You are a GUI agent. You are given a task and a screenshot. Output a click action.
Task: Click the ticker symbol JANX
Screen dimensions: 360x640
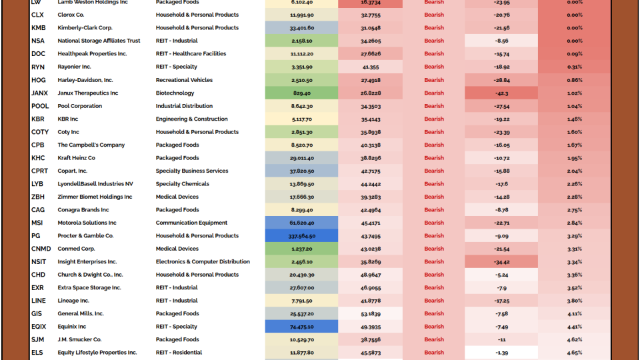point(39,93)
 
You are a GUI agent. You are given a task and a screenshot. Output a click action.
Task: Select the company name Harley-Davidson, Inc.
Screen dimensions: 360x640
point(85,80)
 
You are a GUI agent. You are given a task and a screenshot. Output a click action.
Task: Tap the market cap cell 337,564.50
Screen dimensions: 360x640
point(302,236)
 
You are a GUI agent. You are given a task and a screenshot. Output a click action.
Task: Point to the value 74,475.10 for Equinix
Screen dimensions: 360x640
point(302,327)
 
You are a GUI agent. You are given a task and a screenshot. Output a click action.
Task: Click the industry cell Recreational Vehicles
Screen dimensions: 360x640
point(184,80)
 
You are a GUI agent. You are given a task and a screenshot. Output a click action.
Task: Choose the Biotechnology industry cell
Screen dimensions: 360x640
point(175,93)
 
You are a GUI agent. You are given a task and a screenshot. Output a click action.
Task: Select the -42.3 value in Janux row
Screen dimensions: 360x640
point(501,93)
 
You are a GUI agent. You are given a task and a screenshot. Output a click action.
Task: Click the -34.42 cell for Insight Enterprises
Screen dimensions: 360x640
point(501,262)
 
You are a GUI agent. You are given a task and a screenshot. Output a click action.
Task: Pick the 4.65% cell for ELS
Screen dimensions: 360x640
point(574,353)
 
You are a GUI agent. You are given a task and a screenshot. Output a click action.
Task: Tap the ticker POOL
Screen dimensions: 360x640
point(40,106)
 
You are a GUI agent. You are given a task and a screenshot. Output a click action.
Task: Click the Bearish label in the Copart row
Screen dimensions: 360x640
point(434,171)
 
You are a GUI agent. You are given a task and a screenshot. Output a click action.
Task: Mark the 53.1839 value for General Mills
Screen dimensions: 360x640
point(371,314)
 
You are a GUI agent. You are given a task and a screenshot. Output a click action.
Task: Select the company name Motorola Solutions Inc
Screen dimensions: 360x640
point(87,223)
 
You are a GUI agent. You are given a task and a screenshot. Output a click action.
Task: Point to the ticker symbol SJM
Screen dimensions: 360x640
point(38,340)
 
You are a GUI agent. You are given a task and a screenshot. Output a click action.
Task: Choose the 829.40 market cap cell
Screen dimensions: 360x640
point(302,93)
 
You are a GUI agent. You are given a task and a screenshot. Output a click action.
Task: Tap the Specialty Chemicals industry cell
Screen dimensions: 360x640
point(182,184)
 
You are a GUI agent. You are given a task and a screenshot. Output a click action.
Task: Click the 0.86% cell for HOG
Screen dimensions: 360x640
point(574,80)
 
